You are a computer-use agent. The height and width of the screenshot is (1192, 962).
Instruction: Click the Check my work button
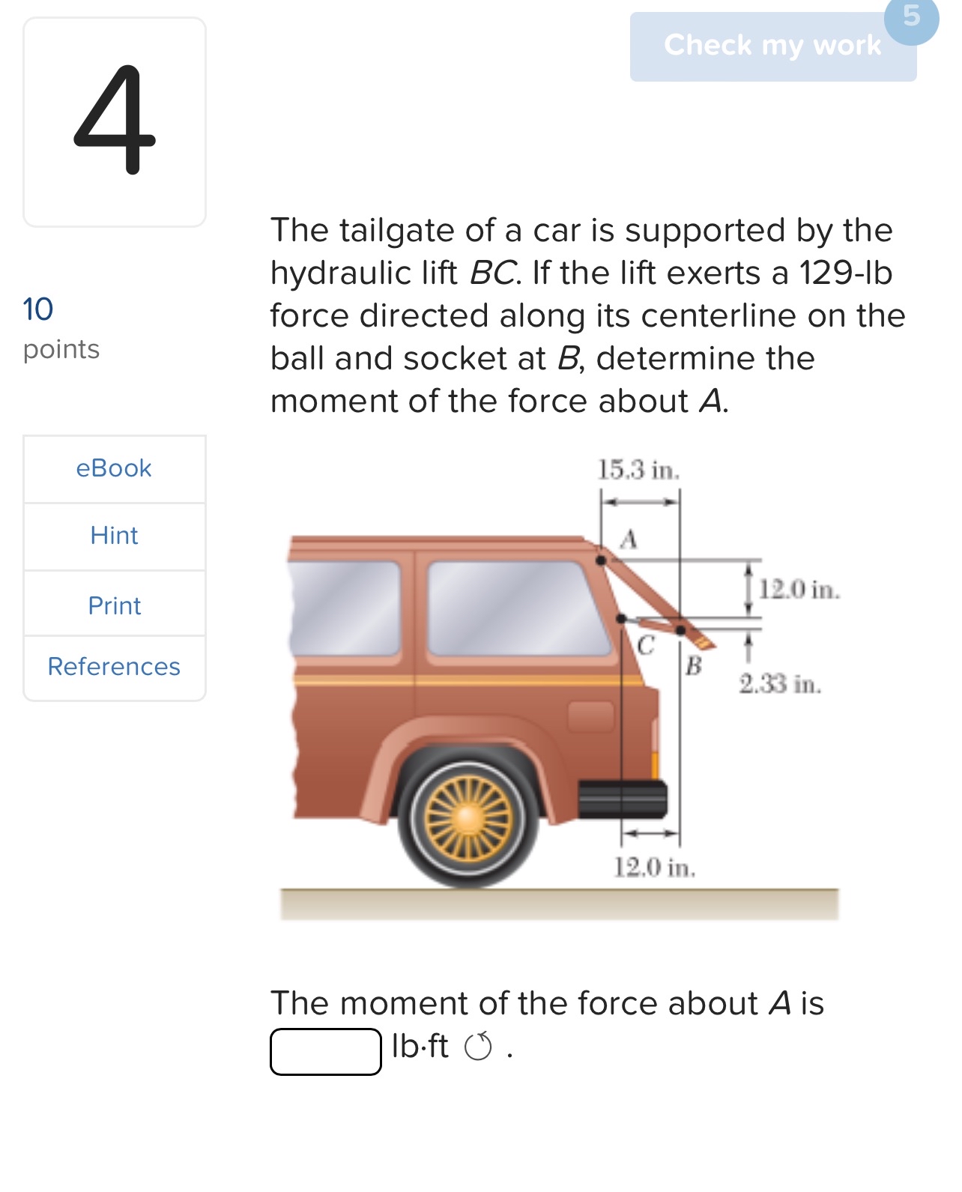point(772,46)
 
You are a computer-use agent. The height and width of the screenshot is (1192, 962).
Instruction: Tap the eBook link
point(114,468)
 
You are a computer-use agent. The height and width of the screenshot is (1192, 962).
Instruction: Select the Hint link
point(114,536)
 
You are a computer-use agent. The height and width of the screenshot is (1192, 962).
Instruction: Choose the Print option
point(114,605)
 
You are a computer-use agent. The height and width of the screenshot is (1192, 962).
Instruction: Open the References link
point(114,667)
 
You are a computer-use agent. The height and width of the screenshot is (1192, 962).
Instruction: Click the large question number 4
point(114,120)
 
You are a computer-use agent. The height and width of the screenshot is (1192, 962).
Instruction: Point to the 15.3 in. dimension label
point(638,471)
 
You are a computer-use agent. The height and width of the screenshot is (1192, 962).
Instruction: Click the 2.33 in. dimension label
point(780,684)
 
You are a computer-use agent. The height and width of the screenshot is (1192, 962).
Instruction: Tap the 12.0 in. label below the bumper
point(655,868)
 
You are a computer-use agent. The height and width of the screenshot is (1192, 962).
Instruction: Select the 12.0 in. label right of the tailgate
point(799,590)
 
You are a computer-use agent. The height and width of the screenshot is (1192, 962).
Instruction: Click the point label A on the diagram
point(629,539)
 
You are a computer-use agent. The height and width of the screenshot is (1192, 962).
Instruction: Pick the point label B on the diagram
point(694,665)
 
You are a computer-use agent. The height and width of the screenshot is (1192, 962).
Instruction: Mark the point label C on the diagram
point(645,644)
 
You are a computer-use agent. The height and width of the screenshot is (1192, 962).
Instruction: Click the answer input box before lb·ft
point(326,1052)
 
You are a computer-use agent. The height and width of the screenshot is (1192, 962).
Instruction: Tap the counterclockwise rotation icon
point(479,1047)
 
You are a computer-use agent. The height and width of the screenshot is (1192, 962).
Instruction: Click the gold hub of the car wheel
point(468,816)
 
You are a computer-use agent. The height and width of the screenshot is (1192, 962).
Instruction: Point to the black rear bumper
point(622,799)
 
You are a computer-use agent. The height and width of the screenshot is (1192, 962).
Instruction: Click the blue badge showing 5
point(911,16)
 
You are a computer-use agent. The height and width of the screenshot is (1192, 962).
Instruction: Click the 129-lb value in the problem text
point(845,273)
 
